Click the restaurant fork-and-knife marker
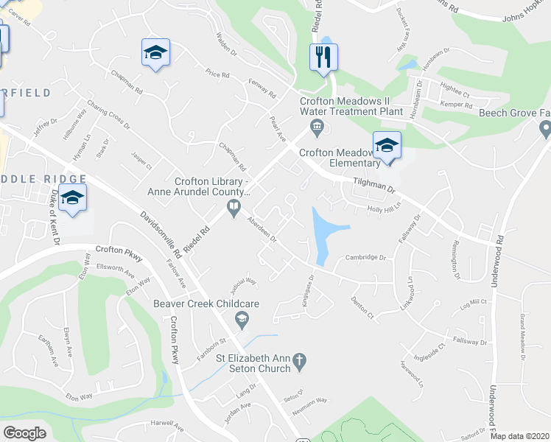322,57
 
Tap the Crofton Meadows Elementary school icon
386,145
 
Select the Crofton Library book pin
234,207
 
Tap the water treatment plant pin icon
317,126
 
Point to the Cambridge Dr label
366,258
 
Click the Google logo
25,432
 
